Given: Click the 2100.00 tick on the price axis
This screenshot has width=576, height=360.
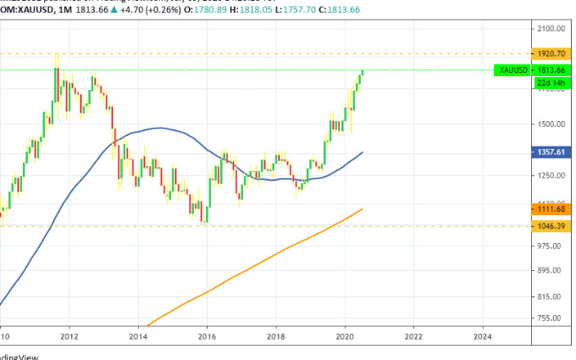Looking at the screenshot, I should coord(550,29).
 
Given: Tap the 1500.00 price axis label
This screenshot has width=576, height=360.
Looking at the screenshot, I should coord(550,125).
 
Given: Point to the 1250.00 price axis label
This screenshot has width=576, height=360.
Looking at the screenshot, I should coord(550,175).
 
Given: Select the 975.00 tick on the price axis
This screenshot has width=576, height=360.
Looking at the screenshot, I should coord(550,246).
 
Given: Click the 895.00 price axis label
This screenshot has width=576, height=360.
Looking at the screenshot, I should coord(550,270).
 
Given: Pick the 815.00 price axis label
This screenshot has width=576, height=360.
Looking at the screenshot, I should coord(550,296).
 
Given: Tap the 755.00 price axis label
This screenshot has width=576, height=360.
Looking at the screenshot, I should coord(550,318).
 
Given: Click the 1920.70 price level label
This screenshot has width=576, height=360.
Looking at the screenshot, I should coord(550,53).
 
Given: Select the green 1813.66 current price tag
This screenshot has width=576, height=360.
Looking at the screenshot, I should coord(550,69).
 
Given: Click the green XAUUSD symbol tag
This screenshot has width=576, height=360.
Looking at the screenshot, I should coord(513,69).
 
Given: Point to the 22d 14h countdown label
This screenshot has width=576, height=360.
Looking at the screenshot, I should coord(550,82).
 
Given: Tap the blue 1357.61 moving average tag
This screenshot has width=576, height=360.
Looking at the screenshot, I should coord(550,153).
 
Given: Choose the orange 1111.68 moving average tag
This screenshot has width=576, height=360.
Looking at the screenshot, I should coord(550,208).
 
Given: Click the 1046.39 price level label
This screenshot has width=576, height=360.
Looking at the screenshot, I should coord(550,226).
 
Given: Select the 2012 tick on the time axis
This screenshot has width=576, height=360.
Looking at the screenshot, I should coord(69,336).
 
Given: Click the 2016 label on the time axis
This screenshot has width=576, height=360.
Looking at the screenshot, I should coord(207,336).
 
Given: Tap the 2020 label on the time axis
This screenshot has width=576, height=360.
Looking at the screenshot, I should coord(345,336).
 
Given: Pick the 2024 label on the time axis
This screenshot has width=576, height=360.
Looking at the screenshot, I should coord(482,336).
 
